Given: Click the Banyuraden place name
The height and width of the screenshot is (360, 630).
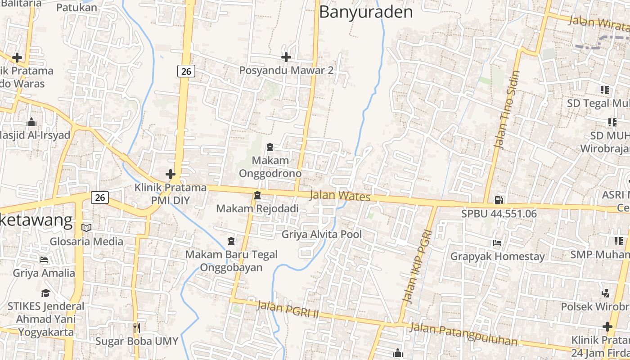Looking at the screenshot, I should click(365, 12).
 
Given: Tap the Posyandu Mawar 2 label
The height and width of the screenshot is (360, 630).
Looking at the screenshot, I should click(286, 71).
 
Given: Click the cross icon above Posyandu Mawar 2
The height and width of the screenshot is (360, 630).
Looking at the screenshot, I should click(286, 57).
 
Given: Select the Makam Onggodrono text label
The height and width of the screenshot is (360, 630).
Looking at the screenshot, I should click(270, 167).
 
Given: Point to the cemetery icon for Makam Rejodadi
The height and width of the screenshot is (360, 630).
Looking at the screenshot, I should click(257, 195).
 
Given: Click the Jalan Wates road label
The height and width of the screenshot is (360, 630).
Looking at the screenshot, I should click(340, 196).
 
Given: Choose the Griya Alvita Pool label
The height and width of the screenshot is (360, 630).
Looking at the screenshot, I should click(321, 234).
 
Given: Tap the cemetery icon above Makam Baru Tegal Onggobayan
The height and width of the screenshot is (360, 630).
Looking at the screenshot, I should click(231, 241).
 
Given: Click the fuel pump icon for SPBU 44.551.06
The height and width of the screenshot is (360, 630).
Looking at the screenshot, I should click(499, 200).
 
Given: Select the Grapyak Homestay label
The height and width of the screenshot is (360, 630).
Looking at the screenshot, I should click(498, 256).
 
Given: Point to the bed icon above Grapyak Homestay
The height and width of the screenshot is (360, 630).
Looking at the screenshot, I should click(497, 243).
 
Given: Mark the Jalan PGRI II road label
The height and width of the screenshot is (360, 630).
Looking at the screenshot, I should click(288, 310).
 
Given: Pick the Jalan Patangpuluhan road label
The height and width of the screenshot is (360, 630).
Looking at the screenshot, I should click(463, 333).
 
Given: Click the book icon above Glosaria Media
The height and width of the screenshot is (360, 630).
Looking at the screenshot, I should click(86, 228).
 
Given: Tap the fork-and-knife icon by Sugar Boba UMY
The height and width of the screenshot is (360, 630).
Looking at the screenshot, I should click(137, 328).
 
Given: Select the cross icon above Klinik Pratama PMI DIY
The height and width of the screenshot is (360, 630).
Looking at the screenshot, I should click(171, 174).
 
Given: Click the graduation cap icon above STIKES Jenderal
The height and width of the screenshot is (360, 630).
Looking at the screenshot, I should click(45, 293).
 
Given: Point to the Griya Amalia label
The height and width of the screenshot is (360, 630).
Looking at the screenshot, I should click(44, 273).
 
